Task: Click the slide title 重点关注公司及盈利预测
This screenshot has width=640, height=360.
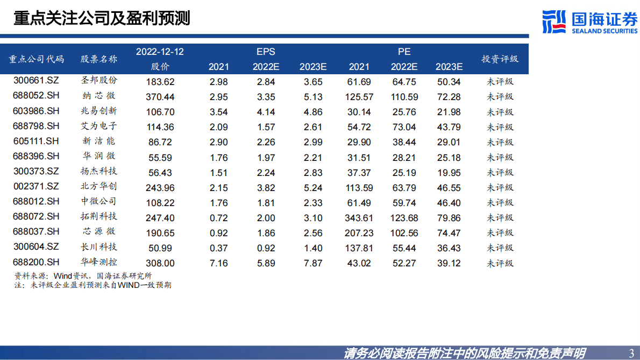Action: [x=102, y=19]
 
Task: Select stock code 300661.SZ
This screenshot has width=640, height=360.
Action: [x=37, y=81]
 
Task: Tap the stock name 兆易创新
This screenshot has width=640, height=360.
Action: [x=98, y=111]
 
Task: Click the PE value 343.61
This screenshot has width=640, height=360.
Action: [x=359, y=218]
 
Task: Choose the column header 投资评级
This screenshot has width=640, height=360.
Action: [x=500, y=59]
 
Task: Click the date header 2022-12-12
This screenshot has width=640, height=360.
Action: [x=160, y=52]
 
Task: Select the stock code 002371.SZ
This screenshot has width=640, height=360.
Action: [x=37, y=187]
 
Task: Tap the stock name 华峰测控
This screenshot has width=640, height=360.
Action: [x=98, y=263]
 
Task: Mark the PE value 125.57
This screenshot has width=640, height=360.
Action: [x=359, y=97]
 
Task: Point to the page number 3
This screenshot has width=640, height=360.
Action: [x=631, y=353]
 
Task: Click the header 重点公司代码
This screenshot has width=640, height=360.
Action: [x=37, y=59]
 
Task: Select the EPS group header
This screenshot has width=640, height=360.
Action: [x=266, y=52]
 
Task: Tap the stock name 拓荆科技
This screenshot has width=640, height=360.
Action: [x=98, y=217]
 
